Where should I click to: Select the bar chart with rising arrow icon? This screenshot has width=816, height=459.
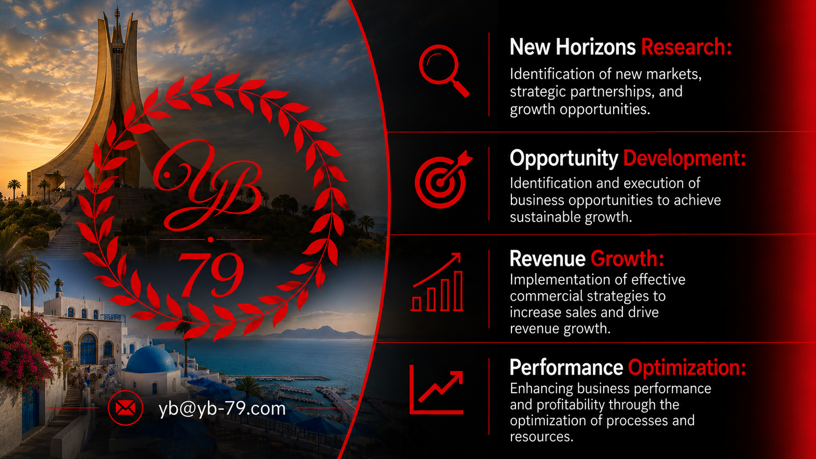(x=437, y=282)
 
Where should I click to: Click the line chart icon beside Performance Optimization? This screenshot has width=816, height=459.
(x=436, y=389)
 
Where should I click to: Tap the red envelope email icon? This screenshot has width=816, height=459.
(x=125, y=408)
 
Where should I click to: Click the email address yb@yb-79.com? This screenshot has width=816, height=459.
(x=222, y=409)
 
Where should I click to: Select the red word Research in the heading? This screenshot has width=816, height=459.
(x=686, y=47)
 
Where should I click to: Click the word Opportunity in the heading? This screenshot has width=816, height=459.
(x=564, y=159)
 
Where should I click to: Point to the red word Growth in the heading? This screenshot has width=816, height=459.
(x=627, y=259)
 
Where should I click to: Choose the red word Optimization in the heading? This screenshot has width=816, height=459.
(x=687, y=368)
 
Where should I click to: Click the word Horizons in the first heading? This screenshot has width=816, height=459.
(x=595, y=47)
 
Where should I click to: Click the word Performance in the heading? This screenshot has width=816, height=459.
(x=566, y=368)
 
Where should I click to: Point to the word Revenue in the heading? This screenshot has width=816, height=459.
(x=548, y=259)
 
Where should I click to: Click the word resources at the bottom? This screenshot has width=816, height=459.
(x=542, y=437)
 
